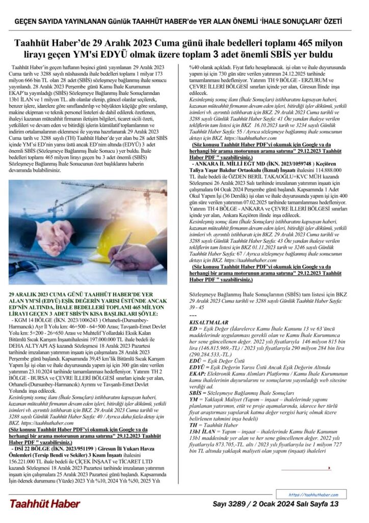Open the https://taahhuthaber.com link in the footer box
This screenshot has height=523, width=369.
313,495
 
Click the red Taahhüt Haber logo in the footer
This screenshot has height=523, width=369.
45,504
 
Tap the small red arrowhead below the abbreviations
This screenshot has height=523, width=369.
330,468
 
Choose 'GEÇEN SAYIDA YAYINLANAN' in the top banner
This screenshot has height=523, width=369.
60,21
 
